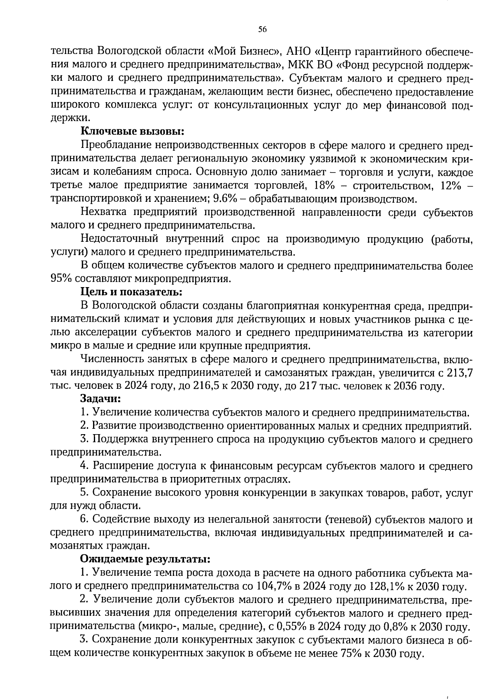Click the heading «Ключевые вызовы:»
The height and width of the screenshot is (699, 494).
132,132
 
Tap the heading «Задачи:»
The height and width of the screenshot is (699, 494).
100,399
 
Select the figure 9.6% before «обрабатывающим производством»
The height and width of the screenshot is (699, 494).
225,199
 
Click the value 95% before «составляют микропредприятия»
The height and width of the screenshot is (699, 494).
61,279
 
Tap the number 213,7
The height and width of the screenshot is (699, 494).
459,373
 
